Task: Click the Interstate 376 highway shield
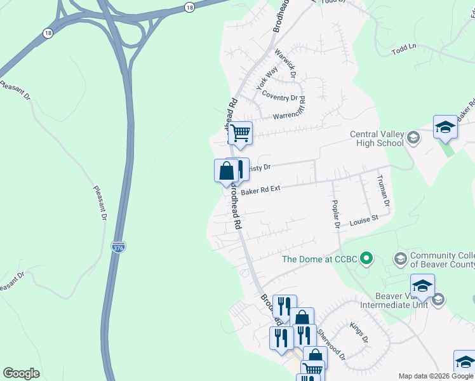coord(118,246)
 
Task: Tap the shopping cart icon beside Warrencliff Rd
coord(240,134)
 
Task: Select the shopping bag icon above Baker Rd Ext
coord(227,171)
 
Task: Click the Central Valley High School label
coord(377,138)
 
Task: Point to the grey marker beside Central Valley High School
coord(413,138)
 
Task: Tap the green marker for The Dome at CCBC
coord(366,258)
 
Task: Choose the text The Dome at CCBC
coord(319,259)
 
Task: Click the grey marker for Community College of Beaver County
coord(400,258)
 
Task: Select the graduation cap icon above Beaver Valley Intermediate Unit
coord(422,286)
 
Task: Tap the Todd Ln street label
coord(404,48)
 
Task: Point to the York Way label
coord(267,79)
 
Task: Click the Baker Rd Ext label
coord(260,189)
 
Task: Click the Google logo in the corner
coord(21,373)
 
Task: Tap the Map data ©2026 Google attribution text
coord(436,376)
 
